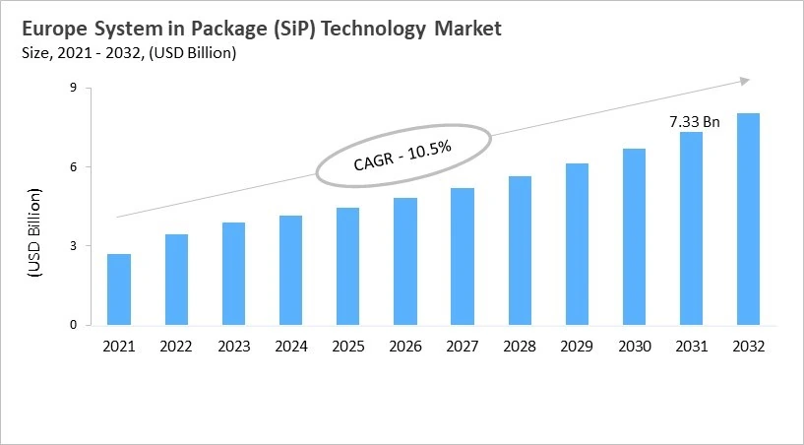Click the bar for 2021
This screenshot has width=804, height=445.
tap(119, 289)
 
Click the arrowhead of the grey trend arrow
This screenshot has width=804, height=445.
tap(745, 80)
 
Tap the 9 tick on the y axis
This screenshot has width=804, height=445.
tap(73, 88)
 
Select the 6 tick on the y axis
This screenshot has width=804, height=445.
tap(73, 166)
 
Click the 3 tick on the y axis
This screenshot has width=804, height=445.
tap(73, 246)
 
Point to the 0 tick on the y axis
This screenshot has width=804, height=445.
tap(73, 325)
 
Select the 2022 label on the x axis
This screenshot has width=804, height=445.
tap(176, 347)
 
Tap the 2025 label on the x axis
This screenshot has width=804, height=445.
tap(347, 347)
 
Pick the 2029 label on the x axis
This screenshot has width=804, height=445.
tap(577, 347)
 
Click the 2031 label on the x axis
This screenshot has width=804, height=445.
tap(691, 347)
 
